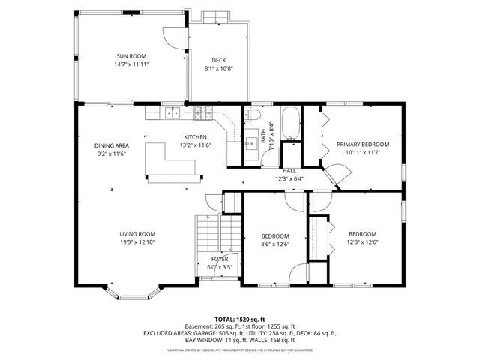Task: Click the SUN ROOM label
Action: [130, 56]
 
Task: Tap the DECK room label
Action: [218, 61]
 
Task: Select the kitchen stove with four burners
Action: [203, 113]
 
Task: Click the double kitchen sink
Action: [172, 113]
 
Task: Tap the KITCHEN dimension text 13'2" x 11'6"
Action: [196, 145]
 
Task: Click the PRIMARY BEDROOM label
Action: [362, 145]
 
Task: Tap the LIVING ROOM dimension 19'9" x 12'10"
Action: [136, 242]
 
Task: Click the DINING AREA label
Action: [111, 145]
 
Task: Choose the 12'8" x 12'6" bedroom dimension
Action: [362, 242]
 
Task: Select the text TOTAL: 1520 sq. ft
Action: [240, 319]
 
